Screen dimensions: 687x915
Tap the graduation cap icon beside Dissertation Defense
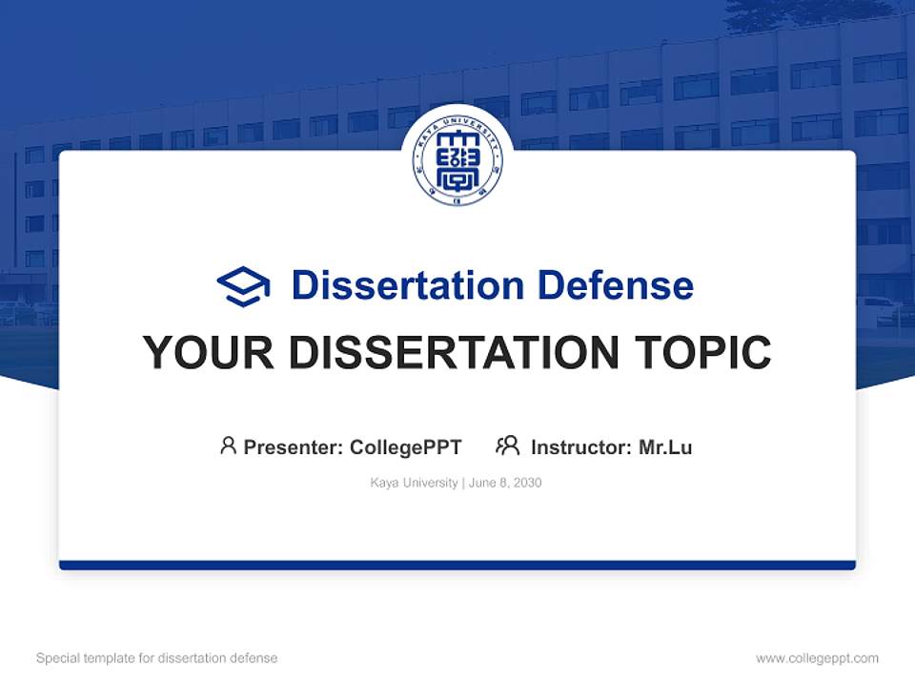[x=243, y=286]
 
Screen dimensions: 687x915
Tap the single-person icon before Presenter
[x=228, y=446]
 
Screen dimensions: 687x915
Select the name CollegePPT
[x=406, y=447]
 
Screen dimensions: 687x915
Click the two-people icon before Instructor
[x=507, y=446]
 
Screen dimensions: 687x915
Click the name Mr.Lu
[x=665, y=447]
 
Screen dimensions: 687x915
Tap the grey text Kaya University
[x=414, y=483]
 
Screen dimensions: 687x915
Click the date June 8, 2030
[x=505, y=483]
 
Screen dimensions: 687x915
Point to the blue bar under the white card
[x=457, y=565]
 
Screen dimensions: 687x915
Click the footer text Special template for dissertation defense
[x=156, y=658]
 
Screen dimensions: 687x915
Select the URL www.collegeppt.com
[x=817, y=658]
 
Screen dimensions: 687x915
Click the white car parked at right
[x=878, y=307]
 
